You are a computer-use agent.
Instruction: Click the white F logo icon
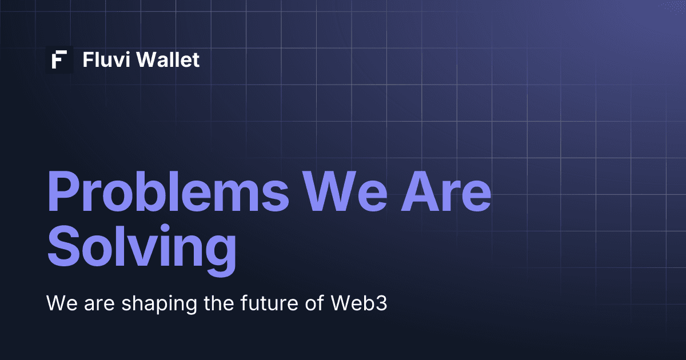(59, 59)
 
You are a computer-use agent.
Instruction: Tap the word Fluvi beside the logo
(106, 59)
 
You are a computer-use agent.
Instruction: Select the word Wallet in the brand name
(168, 59)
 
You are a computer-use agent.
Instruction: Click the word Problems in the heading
(168, 191)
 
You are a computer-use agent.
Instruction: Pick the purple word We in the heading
(345, 191)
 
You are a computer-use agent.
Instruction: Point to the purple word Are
(446, 191)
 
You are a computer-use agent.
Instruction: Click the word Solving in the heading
(142, 250)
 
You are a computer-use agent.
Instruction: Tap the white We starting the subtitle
(62, 303)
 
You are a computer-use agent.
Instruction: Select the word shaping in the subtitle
(159, 304)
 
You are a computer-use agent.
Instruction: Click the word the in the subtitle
(219, 302)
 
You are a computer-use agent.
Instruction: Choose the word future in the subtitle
(269, 302)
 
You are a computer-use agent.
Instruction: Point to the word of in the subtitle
(314, 302)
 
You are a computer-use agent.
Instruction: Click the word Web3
(359, 302)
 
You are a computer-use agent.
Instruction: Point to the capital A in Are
(421, 191)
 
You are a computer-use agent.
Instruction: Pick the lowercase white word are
(99, 305)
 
